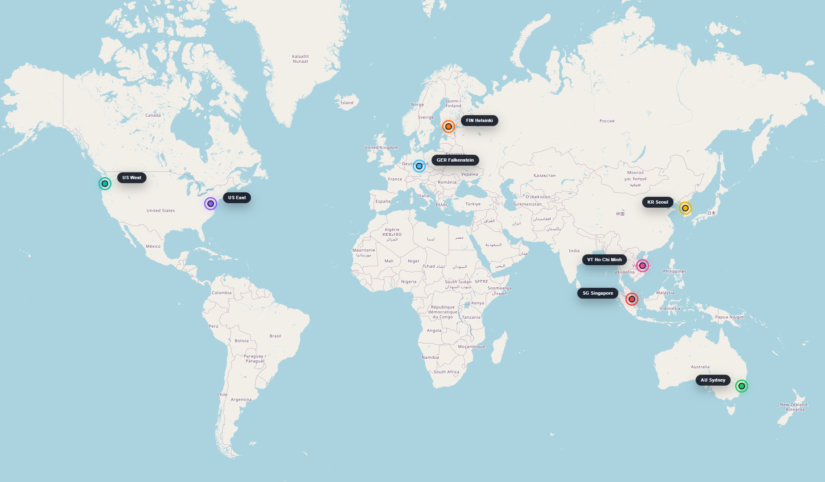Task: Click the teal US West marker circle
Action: point(105,184)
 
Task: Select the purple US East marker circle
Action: point(211,204)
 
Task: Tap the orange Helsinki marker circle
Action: point(449,127)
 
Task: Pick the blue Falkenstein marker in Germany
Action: point(419,166)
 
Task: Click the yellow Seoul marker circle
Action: point(685,208)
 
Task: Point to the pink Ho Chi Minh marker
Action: point(643,266)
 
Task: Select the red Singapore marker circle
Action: point(632,299)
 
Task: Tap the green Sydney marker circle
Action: point(742,386)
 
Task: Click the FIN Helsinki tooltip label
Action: point(479,120)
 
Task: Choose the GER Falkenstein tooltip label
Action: point(455,160)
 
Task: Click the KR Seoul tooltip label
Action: point(658,202)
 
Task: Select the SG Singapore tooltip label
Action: point(598,293)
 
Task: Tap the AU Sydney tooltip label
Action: point(713,380)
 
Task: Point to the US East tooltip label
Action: point(237,198)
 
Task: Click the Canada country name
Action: point(153,116)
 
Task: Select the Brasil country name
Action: point(275,336)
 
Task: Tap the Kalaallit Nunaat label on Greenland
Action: point(300,59)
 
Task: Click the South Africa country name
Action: point(446,372)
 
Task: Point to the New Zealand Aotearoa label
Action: point(794,407)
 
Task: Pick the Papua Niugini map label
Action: point(729,317)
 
